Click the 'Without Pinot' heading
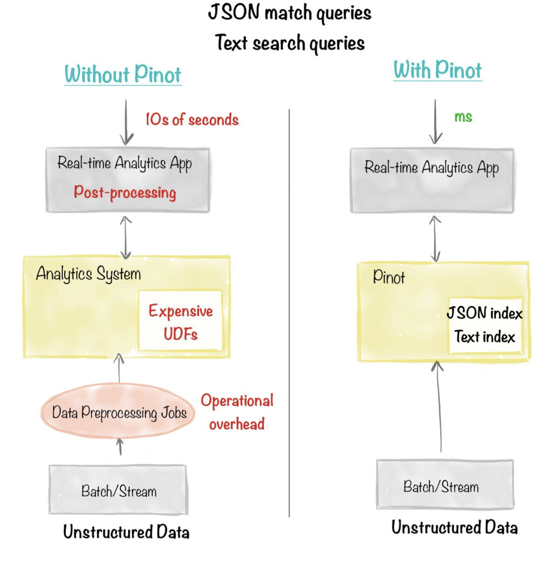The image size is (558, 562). click(x=123, y=74)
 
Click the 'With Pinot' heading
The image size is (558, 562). click(x=438, y=70)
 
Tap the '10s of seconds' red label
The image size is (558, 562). click(x=192, y=119)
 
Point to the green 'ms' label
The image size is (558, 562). click(x=463, y=117)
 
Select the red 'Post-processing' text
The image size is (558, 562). click(x=125, y=192)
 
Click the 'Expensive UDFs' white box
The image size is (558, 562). click(x=180, y=321)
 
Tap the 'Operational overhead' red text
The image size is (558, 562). click(x=237, y=412)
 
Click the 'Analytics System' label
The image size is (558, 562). click(x=88, y=273)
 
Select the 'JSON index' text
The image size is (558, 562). click(x=485, y=313)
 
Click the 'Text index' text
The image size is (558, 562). click(x=485, y=337)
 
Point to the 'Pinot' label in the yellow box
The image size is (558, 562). click(x=389, y=278)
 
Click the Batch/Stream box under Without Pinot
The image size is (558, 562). click(x=119, y=490)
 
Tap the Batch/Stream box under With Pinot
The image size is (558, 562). click(x=445, y=486)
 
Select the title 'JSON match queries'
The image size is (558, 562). click(x=290, y=13)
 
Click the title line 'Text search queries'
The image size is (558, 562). click(x=290, y=43)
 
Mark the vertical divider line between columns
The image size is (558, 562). click(x=289, y=311)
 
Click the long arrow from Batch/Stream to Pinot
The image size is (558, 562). click(x=439, y=409)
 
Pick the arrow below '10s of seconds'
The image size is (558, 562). click(x=126, y=122)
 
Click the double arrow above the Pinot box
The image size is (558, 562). click(x=435, y=238)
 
